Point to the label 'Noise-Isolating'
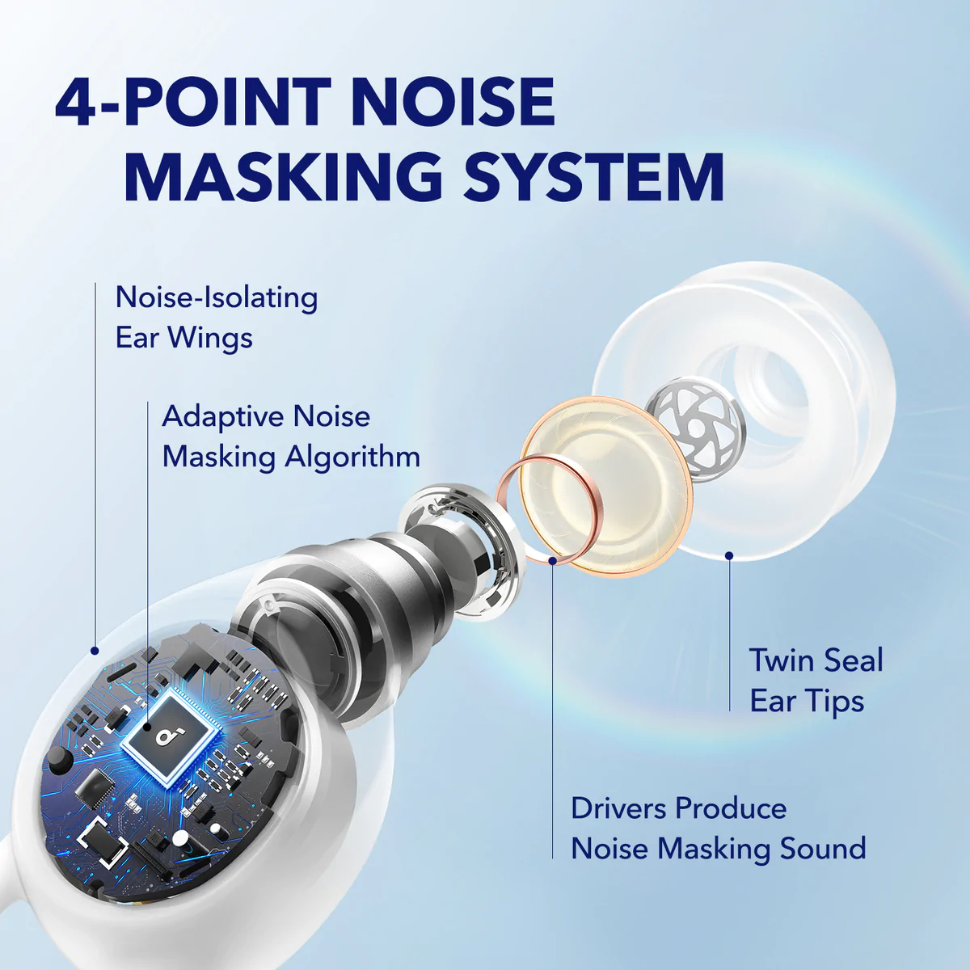click(217, 297)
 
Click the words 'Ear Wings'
click(184, 337)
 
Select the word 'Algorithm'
click(352, 457)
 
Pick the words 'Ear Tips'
click(807, 701)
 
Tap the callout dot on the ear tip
click(729, 555)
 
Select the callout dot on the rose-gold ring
click(553, 560)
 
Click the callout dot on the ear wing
click(94, 651)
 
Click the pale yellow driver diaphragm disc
click(606, 487)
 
